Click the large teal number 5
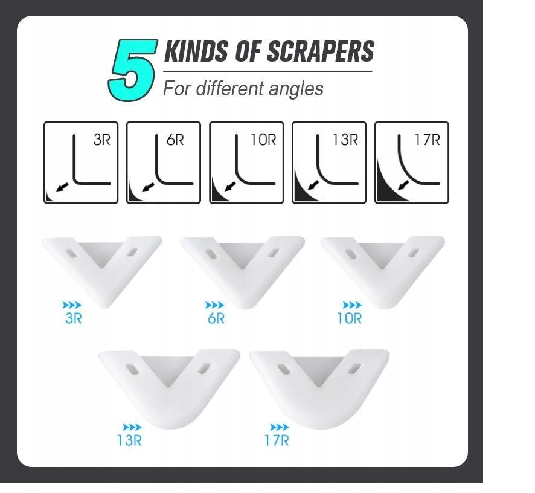pyautogui.click(x=132, y=70)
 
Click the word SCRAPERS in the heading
pyautogui.click(x=320, y=51)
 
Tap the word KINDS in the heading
pyautogui.click(x=196, y=51)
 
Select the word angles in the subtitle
pyautogui.click(x=295, y=89)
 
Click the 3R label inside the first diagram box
pyautogui.click(x=101, y=140)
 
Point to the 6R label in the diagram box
pyautogui.click(x=175, y=140)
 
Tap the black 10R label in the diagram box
pyautogui.click(x=263, y=140)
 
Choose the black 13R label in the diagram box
pyautogui.click(x=345, y=140)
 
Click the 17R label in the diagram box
pyautogui.click(x=427, y=140)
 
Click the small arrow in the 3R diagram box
pyautogui.click(x=62, y=187)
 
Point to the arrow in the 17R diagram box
pyautogui.click(x=403, y=185)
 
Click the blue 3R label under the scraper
pyautogui.click(x=73, y=318)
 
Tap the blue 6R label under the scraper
pyautogui.click(x=216, y=318)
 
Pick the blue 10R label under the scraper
pyautogui.click(x=350, y=318)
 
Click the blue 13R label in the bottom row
pyautogui.click(x=129, y=440)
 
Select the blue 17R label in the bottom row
pyautogui.click(x=277, y=440)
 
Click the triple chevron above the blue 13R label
pyautogui.click(x=132, y=427)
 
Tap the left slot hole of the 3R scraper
pyautogui.click(x=71, y=253)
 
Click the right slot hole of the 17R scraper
pyautogui.click(x=356, y=369)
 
